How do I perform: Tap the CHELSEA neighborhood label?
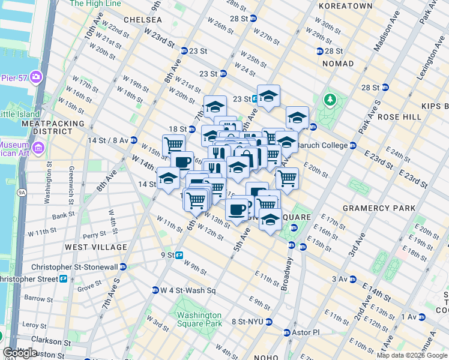[x=142, y=20]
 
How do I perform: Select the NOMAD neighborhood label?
[x=338, y=64]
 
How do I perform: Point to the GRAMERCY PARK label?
[x=378, y=208]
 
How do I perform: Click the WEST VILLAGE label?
[x=96, y=247]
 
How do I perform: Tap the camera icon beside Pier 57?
[x=36, y=76]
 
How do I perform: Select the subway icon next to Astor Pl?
[x=286, y=331]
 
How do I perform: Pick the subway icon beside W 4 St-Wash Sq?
[x=155, y=290]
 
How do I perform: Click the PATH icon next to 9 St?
[x=179, y=255]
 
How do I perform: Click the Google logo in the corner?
[x=20, y=353]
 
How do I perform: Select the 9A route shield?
[x=22, y=192]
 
